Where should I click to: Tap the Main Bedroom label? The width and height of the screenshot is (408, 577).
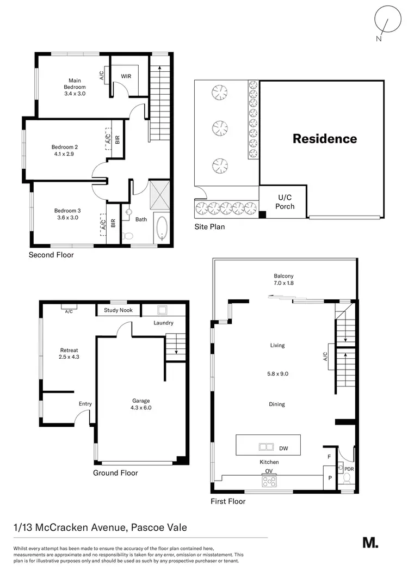click(x=75, y=83)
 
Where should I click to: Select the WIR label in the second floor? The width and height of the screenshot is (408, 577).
click(x=126, y=76)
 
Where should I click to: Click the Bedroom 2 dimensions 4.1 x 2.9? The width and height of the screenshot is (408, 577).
click(x=65, y=154)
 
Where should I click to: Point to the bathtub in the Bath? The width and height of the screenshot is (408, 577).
click(x=162, y=228)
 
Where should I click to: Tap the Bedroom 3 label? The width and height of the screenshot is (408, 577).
click(x=67, y=211)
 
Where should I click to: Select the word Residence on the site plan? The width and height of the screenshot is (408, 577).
click(x=325, y=138)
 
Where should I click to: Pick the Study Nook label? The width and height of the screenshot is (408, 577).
click(x=119, y=311)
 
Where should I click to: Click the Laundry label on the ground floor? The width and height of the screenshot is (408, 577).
click(x=163, y=323)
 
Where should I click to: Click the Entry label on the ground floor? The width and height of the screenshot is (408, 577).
click(x=85, y=403)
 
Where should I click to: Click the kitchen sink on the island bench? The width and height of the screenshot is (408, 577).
click(x=266, y=448)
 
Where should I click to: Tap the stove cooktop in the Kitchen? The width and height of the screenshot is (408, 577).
click(x=269, y=481)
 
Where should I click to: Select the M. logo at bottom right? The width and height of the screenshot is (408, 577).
click(x=370, y=543)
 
